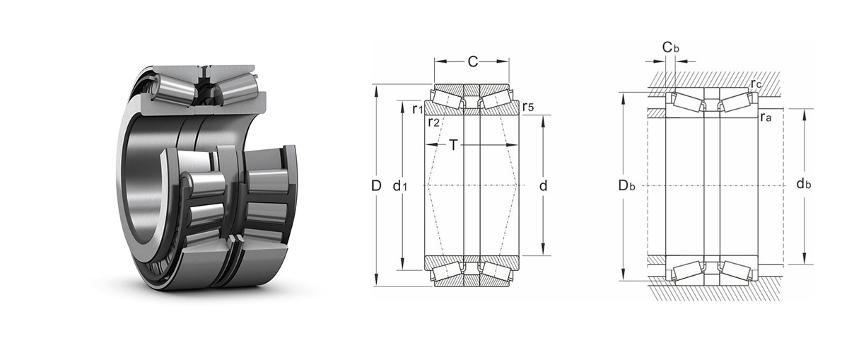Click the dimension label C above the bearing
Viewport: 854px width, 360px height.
pos(473,62)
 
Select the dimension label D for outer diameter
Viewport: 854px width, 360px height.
pos(376,186)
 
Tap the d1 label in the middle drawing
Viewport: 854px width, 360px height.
pos(400,187)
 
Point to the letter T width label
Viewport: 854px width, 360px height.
pos(453,145)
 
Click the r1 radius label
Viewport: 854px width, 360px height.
pos(418,109)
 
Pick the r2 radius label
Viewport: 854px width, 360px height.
pos(433,122)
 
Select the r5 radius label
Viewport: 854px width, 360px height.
pos(528,107)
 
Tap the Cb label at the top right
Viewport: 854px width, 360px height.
pos(671,47)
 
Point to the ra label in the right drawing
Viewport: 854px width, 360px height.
pos(766,117)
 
